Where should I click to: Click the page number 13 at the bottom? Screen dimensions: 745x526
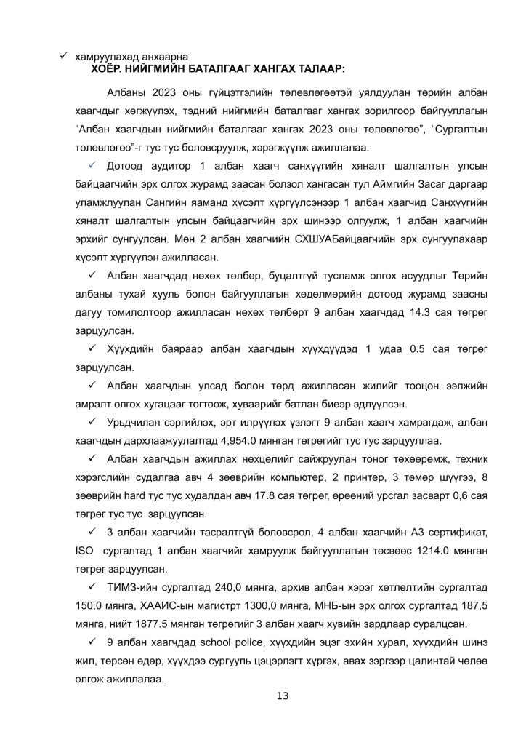pyautogui.click(x=283, y=696)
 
